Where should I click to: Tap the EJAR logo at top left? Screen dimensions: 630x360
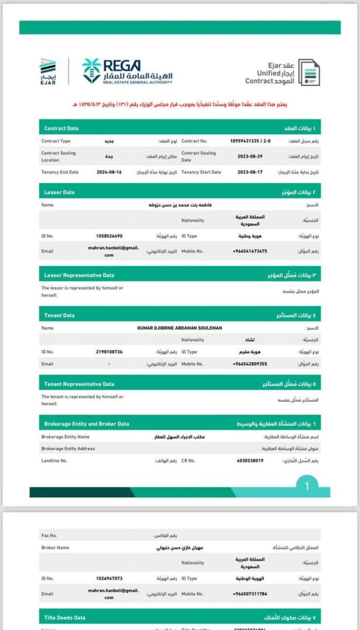point(48,71)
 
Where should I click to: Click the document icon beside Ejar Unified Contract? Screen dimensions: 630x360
point(309,73)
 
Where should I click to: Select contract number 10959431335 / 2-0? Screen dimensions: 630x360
point(250,141)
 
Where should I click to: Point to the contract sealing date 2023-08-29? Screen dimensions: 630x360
point(250,156)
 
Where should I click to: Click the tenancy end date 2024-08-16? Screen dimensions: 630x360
point(109,172)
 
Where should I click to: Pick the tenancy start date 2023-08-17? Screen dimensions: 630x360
point(250,172)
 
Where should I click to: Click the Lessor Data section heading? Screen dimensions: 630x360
point(60,192)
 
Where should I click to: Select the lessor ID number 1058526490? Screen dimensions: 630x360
point(109,236)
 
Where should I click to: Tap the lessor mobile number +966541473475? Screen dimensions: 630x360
point(250,251)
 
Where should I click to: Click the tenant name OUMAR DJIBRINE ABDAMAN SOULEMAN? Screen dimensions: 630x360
point(179,328)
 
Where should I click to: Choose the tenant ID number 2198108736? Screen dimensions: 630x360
point(109,352)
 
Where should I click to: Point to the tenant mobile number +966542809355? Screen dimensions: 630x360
point(250,364)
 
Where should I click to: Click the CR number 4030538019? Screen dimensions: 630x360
point(250,461)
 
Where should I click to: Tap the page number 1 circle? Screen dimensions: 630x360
point(307,486)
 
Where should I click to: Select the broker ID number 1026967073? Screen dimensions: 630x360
point(109,579)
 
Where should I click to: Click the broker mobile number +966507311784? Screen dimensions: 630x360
point(250,594)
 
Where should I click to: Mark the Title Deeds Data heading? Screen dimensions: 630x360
point(65,617)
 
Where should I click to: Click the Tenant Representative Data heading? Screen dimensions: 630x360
point(79,384)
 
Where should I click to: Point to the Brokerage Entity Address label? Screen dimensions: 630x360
point(68,448)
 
